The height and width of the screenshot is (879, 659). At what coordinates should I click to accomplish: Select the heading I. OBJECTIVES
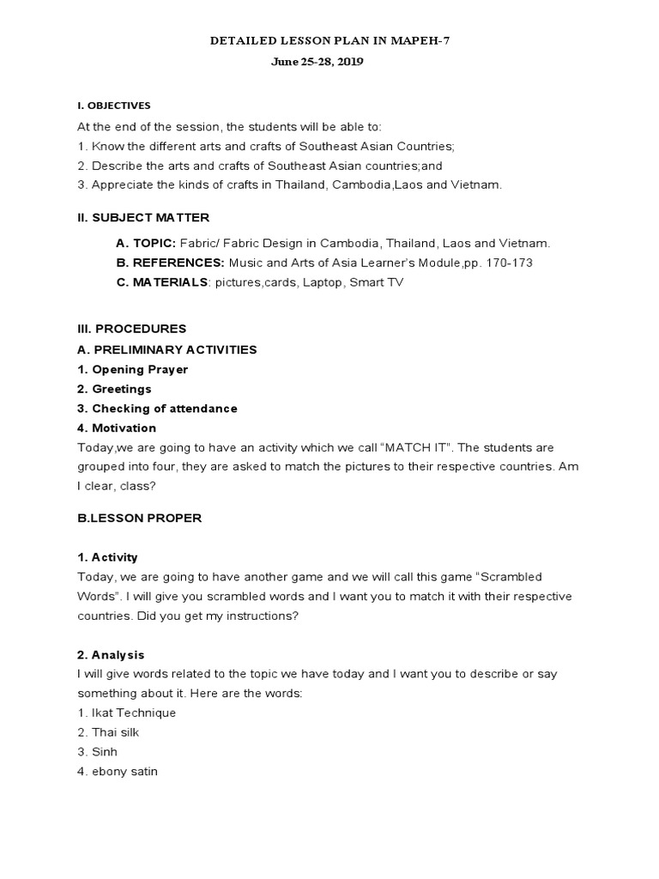113,106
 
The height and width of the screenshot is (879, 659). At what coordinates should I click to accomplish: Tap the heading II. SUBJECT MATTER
143,217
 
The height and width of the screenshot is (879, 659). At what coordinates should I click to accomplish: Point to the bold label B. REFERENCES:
171,263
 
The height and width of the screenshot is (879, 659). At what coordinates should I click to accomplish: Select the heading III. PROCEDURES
131,329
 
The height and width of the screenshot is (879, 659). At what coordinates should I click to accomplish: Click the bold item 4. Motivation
117,427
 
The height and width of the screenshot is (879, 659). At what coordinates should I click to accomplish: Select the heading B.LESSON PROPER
139,518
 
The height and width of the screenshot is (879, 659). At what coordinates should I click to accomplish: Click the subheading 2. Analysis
111,655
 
